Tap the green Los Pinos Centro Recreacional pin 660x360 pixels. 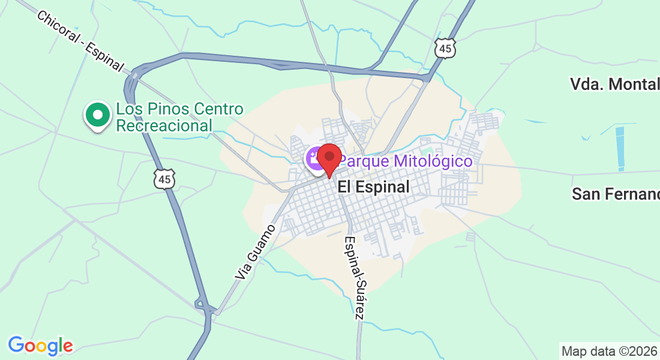tap(97, 115)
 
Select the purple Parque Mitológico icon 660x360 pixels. tap(314, 159)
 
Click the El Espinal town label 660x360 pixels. tap(373, 187)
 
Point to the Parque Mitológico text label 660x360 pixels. tap(406, 161)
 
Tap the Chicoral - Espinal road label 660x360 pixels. tap(80, 41)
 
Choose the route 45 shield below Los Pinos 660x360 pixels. tap(164, 178)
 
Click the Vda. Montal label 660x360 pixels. tap(614, 84)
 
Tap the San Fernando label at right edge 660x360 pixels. tap(615, 194)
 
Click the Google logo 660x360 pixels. tap(40, 346)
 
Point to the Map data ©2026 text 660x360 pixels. tap(609, 350)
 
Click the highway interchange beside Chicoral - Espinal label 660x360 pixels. tap(133, 78)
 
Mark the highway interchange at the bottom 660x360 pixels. tap(205, 308)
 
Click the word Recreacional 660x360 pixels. tap(164, 126)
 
